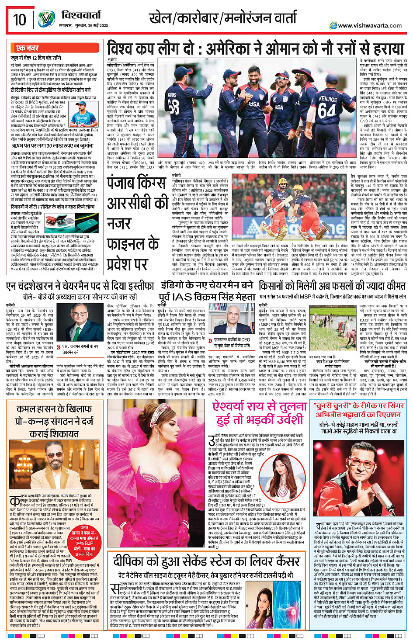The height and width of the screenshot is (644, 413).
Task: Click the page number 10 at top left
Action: click(20, 20)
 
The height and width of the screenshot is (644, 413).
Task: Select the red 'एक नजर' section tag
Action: click(27, 48)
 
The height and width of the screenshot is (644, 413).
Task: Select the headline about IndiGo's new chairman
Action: click(206, 291)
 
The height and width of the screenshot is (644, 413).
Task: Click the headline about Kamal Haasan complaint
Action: click(54, 421)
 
